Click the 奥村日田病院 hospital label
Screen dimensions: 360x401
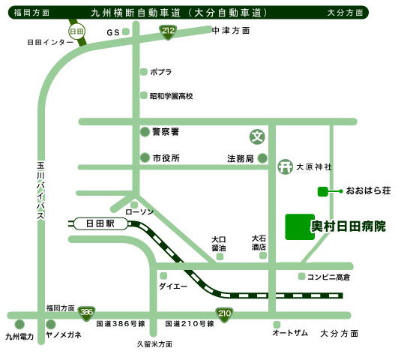[349, 226]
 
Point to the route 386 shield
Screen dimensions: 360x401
[87, 312]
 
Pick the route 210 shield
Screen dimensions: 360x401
[223, 313]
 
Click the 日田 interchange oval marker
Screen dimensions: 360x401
[76, 31]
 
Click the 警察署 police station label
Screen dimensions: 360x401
[165, 131]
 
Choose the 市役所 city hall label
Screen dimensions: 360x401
[166, 158]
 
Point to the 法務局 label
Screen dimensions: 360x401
[240, 158]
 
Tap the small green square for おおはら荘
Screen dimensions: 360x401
[322, 191]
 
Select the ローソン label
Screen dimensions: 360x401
[139, 212]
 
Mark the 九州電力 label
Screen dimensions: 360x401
[19, 337]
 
